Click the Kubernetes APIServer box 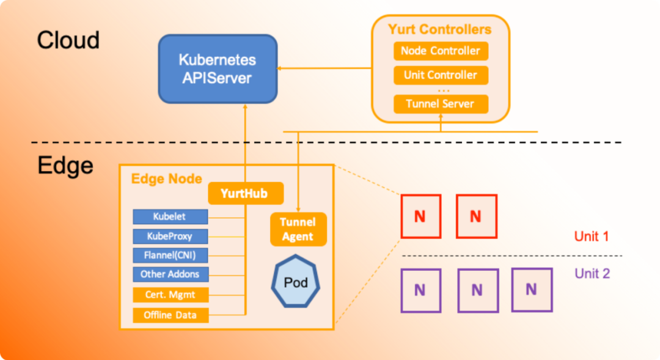[x=218, y=69]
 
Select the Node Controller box [x=441, y=51]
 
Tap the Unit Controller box [x=441, y=75]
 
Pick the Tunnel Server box [x=441, y=104]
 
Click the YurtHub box [x=246, y=193]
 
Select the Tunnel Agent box [x=298, y=229]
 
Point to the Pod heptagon [x=296, y=282]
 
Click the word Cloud [x=68, y=40]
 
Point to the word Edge [x=65, y=165]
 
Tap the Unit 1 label [x=591, y=236]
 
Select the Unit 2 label [x=592, y=273]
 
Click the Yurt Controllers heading [x=440, y=29]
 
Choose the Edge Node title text [x=167, y=178]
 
